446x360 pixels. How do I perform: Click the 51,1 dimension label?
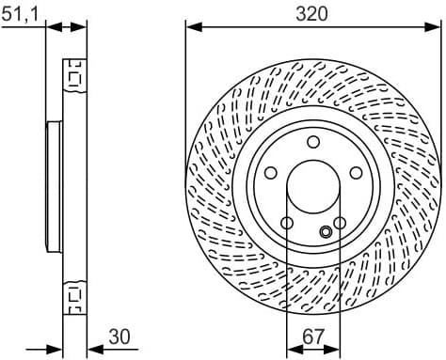point(22,12)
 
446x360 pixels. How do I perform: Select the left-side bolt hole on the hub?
point(270,173)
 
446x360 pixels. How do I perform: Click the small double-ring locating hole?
point(326,232)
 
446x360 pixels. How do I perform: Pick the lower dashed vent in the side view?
point(72,299)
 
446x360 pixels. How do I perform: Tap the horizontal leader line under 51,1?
point(24,27)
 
